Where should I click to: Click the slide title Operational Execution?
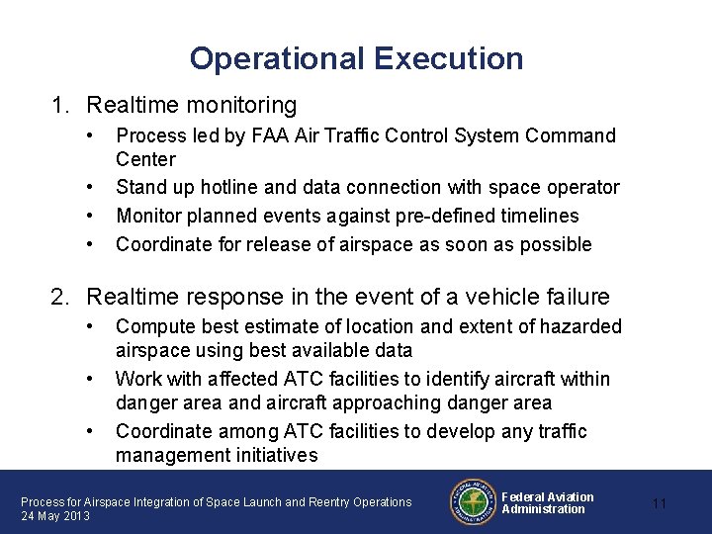pos(356,58)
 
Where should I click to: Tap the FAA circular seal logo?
pos(473,502)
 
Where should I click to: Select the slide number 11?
pos(660,503)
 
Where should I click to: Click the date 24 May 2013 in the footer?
pos(55,516)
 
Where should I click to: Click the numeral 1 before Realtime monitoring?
pos(59,104)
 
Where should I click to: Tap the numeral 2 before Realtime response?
pos(59,296)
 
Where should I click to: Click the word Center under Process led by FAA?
pos(145,159)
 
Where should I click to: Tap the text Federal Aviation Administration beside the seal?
pos(547,502)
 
